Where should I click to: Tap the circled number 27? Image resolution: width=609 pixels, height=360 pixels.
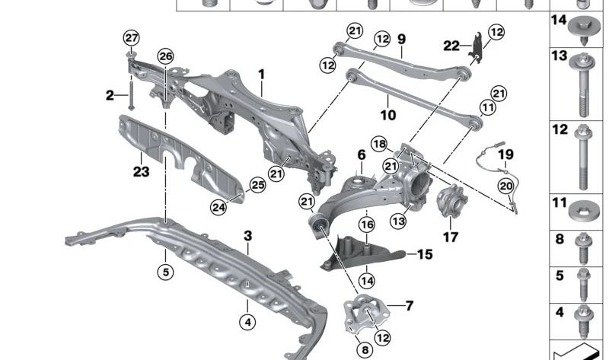pos(132,38)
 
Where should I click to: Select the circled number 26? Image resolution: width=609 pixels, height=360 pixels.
pos(165,56)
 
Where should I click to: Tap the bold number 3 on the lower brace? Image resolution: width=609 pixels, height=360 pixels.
pos(247,236)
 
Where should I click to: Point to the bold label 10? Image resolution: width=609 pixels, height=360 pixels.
pos(387,116)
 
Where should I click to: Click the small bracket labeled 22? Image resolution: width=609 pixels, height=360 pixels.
pos(476,47)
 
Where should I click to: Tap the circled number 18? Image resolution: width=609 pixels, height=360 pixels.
pos(379,143)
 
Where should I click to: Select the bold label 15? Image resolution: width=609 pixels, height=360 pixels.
pos(424,254)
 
